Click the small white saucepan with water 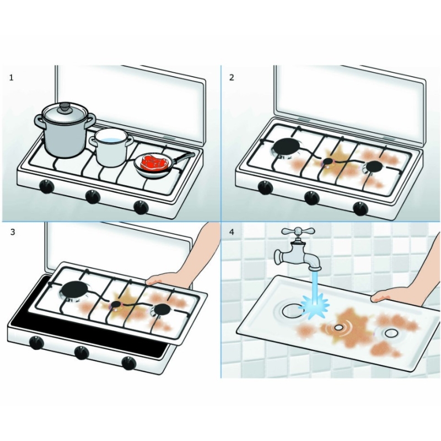point(112,147)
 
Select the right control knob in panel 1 point(141,207)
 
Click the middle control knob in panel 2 point(311,197)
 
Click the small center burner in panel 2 point(328,161)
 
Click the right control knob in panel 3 point(128,363)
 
